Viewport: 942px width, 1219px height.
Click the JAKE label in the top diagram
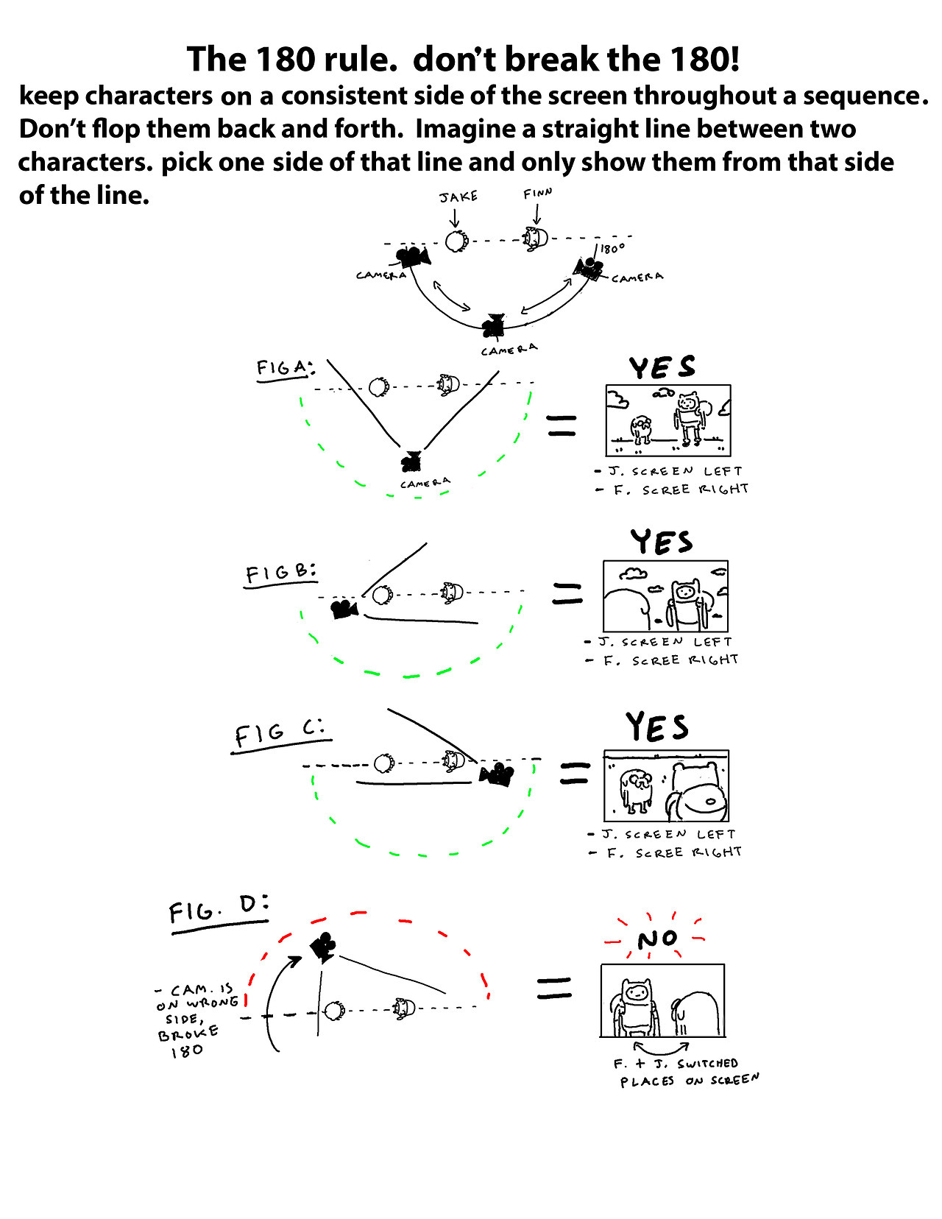pos(458,197)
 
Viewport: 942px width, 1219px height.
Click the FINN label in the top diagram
pos(537,194)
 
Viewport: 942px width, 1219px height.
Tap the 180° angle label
pos(612,249)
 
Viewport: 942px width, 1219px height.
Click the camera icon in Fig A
pos(411,461)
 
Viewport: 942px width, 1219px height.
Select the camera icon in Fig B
pos(344,609)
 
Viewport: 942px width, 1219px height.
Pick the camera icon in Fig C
pos(497,774)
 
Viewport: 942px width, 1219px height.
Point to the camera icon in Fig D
pos(323,947)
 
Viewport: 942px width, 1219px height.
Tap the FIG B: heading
pos(280,573)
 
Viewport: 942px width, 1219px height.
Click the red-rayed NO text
pos(657,939)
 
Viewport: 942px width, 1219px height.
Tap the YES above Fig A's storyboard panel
pos(662,367)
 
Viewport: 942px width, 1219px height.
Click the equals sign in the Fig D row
pos(554,988)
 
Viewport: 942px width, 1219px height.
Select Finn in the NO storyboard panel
pos(636,1005)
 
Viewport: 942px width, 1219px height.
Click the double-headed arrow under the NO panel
pos(661,1046)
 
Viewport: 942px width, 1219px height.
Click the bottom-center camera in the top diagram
pos(493,325)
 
